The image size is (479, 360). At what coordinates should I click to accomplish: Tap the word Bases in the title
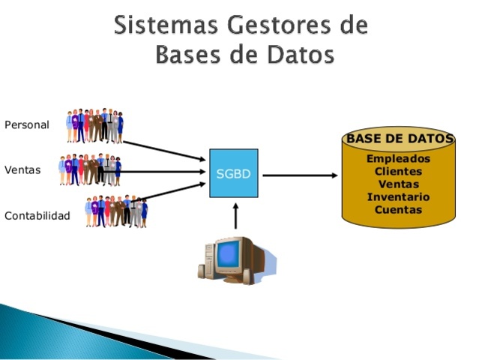(x=188, y=55)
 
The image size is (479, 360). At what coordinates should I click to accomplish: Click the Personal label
(x=27, y=124)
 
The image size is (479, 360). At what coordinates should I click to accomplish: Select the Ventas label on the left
(x=22, y=169)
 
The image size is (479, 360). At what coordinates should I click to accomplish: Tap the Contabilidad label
(x=37, y=216)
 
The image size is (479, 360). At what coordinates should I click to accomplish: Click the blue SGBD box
(x=233, y=173)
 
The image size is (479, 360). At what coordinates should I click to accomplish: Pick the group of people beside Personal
(x=94, y=125)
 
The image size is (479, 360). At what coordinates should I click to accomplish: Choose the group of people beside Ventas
(x=89, y=170)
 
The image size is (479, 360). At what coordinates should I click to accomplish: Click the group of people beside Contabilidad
(x=115, y=211)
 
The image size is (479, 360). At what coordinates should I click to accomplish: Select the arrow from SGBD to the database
(x=300, y=175)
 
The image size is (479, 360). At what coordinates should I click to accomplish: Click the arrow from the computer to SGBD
(x=235, y=217)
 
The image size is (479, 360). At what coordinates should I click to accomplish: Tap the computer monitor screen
(x=229, y=256)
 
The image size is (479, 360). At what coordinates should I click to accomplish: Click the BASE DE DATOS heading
(x=400, y=139)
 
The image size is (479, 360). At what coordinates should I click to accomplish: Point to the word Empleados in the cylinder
(x=399, y=158)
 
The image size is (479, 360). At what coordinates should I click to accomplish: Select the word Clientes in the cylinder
(x=399, y=171)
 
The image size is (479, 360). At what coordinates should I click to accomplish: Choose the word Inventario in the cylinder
(x=399, y=196)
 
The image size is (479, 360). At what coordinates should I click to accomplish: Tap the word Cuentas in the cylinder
(x=399, y=209)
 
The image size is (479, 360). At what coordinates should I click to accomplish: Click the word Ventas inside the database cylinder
(x=399, y=184)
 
